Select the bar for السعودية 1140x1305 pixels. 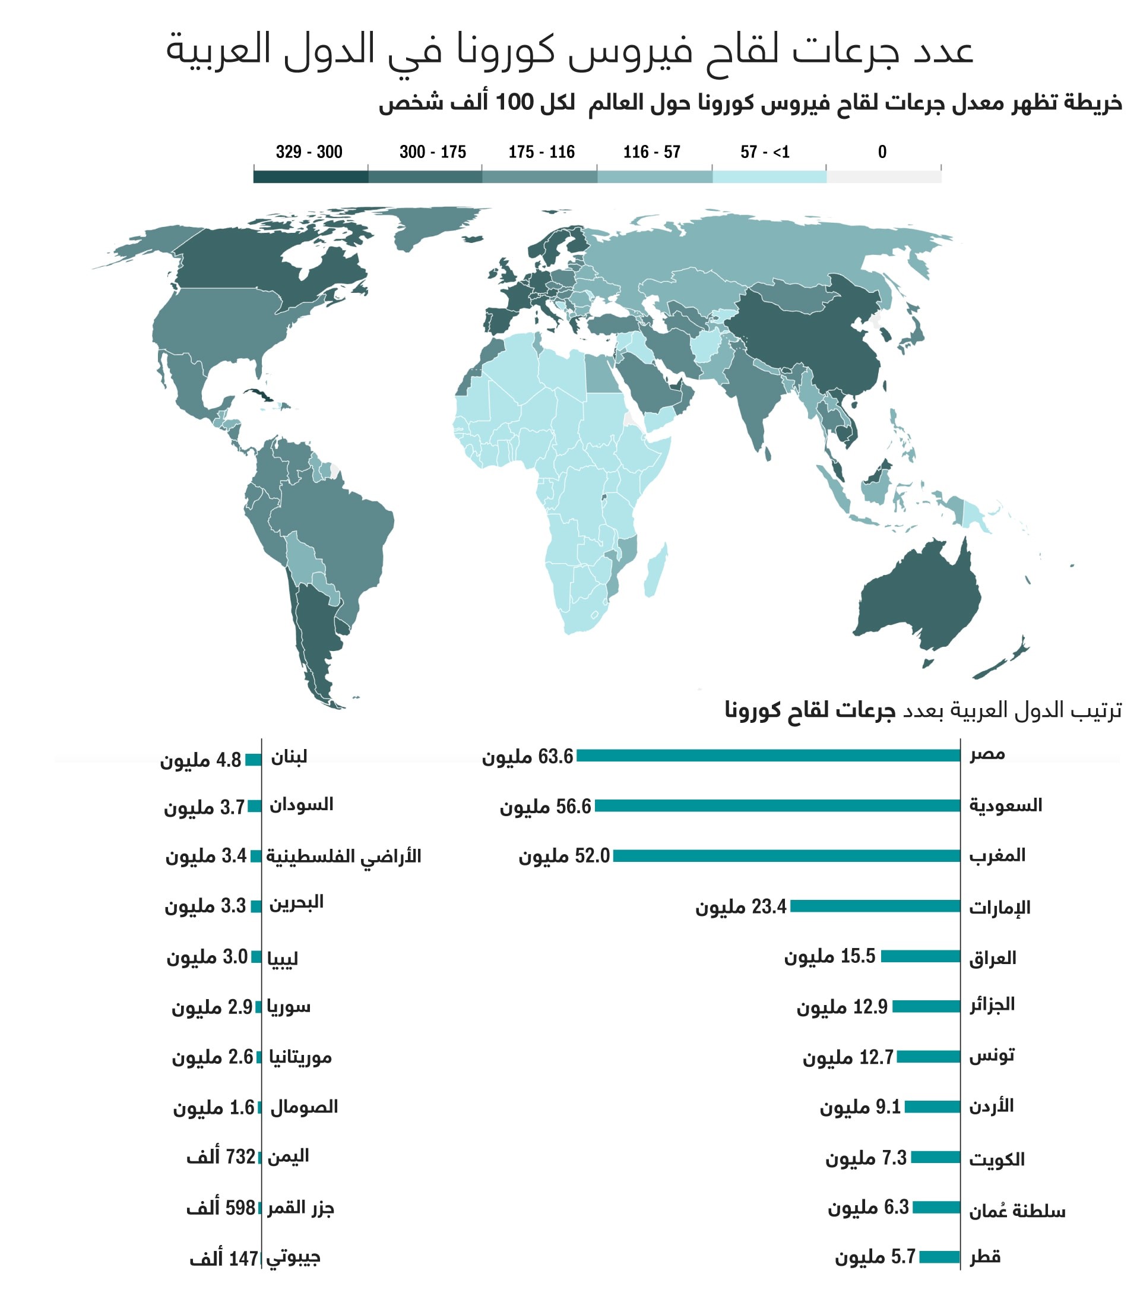[x=777, y=805]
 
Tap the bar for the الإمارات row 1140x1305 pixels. [x=875, y=906]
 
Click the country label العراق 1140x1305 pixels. [x=992, y=958]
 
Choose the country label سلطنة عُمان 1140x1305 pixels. [x=1016, y=1211]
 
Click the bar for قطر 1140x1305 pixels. [x=939, y=1257]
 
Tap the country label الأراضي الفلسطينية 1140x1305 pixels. [x=344, y=856]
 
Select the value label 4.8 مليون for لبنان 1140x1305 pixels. [x=201, y=760]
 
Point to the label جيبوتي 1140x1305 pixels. [x=293, y=1257]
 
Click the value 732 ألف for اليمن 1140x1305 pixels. [x=221, y=1157]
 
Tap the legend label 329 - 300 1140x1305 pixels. [x=309, y=152]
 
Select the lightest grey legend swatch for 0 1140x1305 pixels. [x=883, y=177]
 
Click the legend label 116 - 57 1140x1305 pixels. [x=651, y=152]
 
